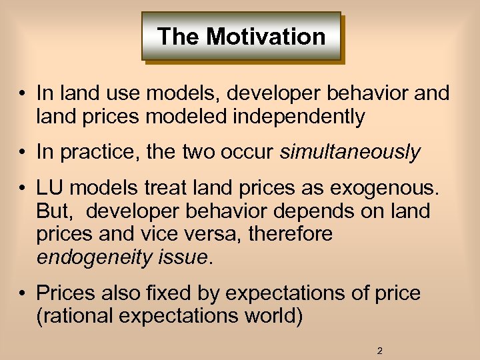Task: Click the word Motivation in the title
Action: [266, 36]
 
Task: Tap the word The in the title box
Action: [178, 36]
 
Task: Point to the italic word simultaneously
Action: [350, 152]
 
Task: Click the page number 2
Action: [379, 351]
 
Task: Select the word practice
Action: [99, 152]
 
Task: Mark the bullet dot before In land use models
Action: [23, 95]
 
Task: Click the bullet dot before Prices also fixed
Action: [23, 293]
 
